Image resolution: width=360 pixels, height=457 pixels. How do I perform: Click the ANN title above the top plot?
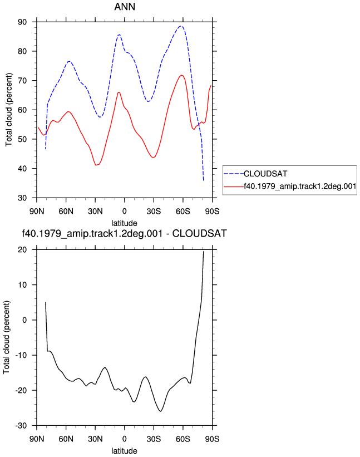(125, 7)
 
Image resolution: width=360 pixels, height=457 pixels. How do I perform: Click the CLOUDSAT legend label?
(265, 174)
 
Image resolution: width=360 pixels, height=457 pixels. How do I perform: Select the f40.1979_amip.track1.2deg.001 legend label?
(300, 186)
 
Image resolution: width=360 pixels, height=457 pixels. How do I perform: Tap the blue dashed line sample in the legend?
(234, 174)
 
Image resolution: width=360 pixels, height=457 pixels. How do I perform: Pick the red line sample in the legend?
(234, 186)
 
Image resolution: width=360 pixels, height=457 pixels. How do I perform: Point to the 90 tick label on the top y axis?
(22, 22)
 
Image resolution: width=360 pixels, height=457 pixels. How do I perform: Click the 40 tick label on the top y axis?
(22, 169)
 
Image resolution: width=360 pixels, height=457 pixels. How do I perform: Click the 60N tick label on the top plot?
(66, 211)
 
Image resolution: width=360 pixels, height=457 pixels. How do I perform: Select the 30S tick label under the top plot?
(154, 211)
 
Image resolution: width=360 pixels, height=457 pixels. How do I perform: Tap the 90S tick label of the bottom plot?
(212, 439)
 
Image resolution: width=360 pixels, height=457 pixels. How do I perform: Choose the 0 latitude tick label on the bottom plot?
(125, 439)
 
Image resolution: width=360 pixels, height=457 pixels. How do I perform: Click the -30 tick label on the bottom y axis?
(21, 425)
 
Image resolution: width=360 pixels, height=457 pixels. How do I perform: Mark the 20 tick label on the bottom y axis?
(22, 249)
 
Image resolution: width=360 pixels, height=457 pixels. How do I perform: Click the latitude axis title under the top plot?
(124, 223)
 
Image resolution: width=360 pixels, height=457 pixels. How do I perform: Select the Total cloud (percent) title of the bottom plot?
(7, 337)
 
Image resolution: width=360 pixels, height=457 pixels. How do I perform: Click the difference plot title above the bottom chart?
(125, 233)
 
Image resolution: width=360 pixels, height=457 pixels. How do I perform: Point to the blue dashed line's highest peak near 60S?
(181, 26)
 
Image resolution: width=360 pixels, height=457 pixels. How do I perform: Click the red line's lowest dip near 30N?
(96, 165)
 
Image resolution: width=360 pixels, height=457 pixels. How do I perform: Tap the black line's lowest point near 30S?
(160, 411)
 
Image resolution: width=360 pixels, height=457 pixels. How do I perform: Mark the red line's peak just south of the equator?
(119, 92)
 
